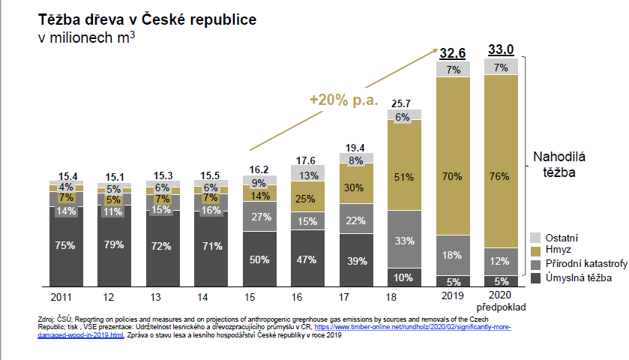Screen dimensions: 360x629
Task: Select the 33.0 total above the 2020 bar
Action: (x=501, y=49)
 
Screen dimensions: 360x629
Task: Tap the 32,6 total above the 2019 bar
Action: (x=453, y=52)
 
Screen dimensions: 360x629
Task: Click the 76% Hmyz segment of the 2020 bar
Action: (x=501, y=177)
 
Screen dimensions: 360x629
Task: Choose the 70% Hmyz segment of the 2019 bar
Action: (x=453, y=177)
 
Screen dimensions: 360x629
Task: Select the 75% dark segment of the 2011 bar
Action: (x=64, y=245)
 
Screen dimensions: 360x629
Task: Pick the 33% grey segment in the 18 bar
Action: (x=403, y=241)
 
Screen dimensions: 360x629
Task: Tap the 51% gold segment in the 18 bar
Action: (x=403, y=177)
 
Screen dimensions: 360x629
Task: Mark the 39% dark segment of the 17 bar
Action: (x=355, y=260)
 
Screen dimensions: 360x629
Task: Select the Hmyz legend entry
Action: (x=558, y=251)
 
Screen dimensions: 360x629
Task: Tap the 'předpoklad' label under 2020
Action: (x=502, y=307)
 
